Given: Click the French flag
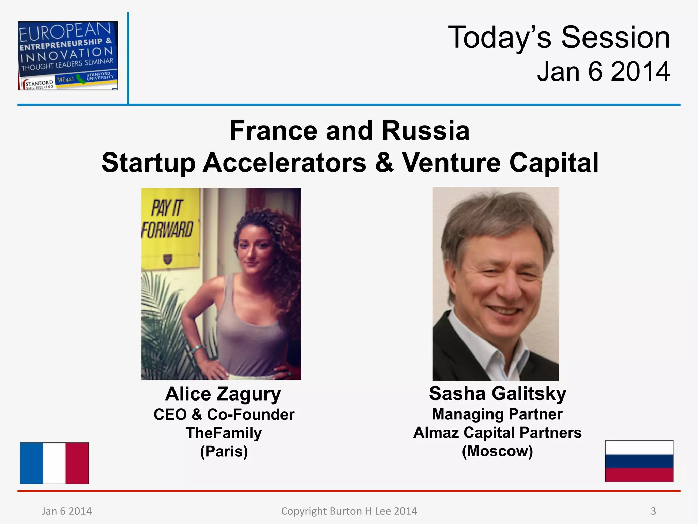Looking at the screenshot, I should click(x=55, y=463).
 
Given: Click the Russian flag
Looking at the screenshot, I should click(x=639, y=461).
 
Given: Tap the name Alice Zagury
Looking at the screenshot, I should click(x=223, y=394).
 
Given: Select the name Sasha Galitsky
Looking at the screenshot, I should click(x=497, y=393).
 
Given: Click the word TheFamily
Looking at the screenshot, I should click(x=224, y=433).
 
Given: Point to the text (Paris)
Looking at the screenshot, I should click(x=224, y=451).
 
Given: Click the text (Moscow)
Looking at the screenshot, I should click(x=497, y=451).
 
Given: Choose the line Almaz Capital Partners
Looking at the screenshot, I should click(x=497, y=433).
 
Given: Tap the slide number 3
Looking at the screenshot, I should click(x=653, y=511).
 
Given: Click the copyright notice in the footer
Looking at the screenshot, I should click(x=349, y=511).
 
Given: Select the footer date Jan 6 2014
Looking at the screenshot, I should click(x=67, y=511).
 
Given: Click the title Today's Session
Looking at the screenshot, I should click(x=559, y=38).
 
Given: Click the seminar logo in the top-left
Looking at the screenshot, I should click(x=68, y=56).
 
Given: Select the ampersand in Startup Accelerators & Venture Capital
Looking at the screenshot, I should click(x=384, y=162).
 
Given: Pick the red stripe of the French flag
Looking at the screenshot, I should click(x=77, y=463).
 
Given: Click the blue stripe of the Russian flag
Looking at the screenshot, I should click(x=639, y=461).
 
